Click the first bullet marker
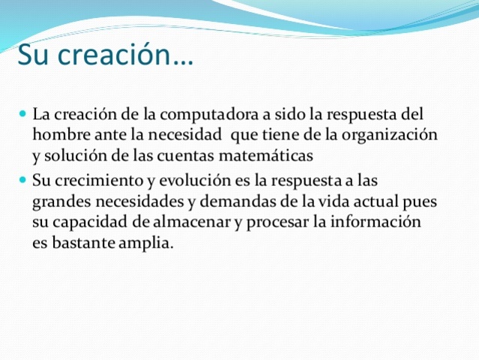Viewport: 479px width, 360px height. [x=22, y=115]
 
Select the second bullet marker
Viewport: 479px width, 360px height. [x=22, y=181]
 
